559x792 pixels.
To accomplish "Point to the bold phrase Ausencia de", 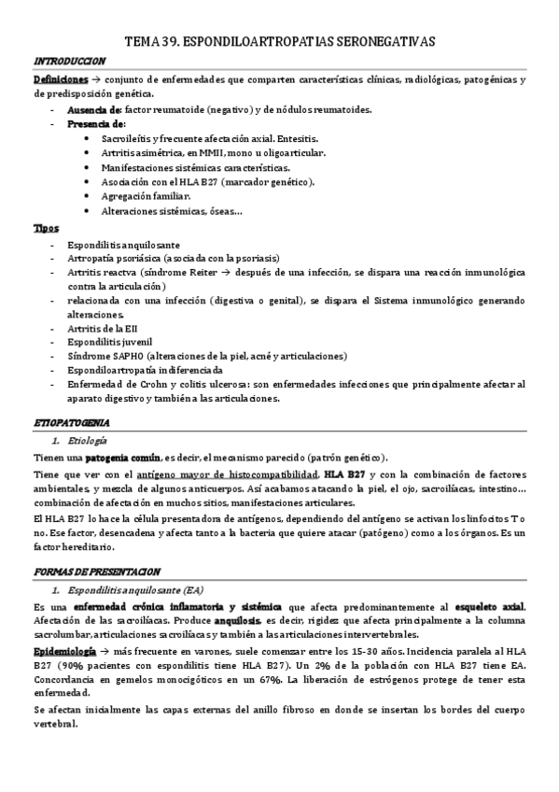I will coord(94,109).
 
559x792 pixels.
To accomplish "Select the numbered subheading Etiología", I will coord(86,440).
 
